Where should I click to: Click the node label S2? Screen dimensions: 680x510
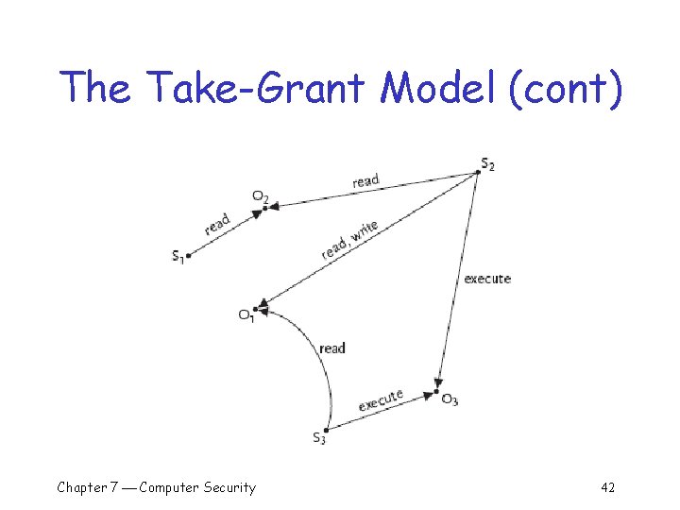487,164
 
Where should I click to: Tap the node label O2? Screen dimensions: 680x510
260,196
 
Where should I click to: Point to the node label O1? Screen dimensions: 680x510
246,315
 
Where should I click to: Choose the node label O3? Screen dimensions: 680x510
450,399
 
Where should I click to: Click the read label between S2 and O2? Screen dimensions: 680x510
365,179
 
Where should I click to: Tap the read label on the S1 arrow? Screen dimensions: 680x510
217,225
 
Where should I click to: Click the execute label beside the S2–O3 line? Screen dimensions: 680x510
487,279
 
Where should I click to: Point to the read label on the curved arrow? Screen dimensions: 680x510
332,348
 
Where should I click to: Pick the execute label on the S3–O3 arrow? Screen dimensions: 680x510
381,400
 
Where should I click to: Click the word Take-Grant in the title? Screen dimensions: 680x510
254,88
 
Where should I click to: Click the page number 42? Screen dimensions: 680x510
607,487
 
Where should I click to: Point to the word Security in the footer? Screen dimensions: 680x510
223,487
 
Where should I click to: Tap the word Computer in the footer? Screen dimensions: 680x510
162,487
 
